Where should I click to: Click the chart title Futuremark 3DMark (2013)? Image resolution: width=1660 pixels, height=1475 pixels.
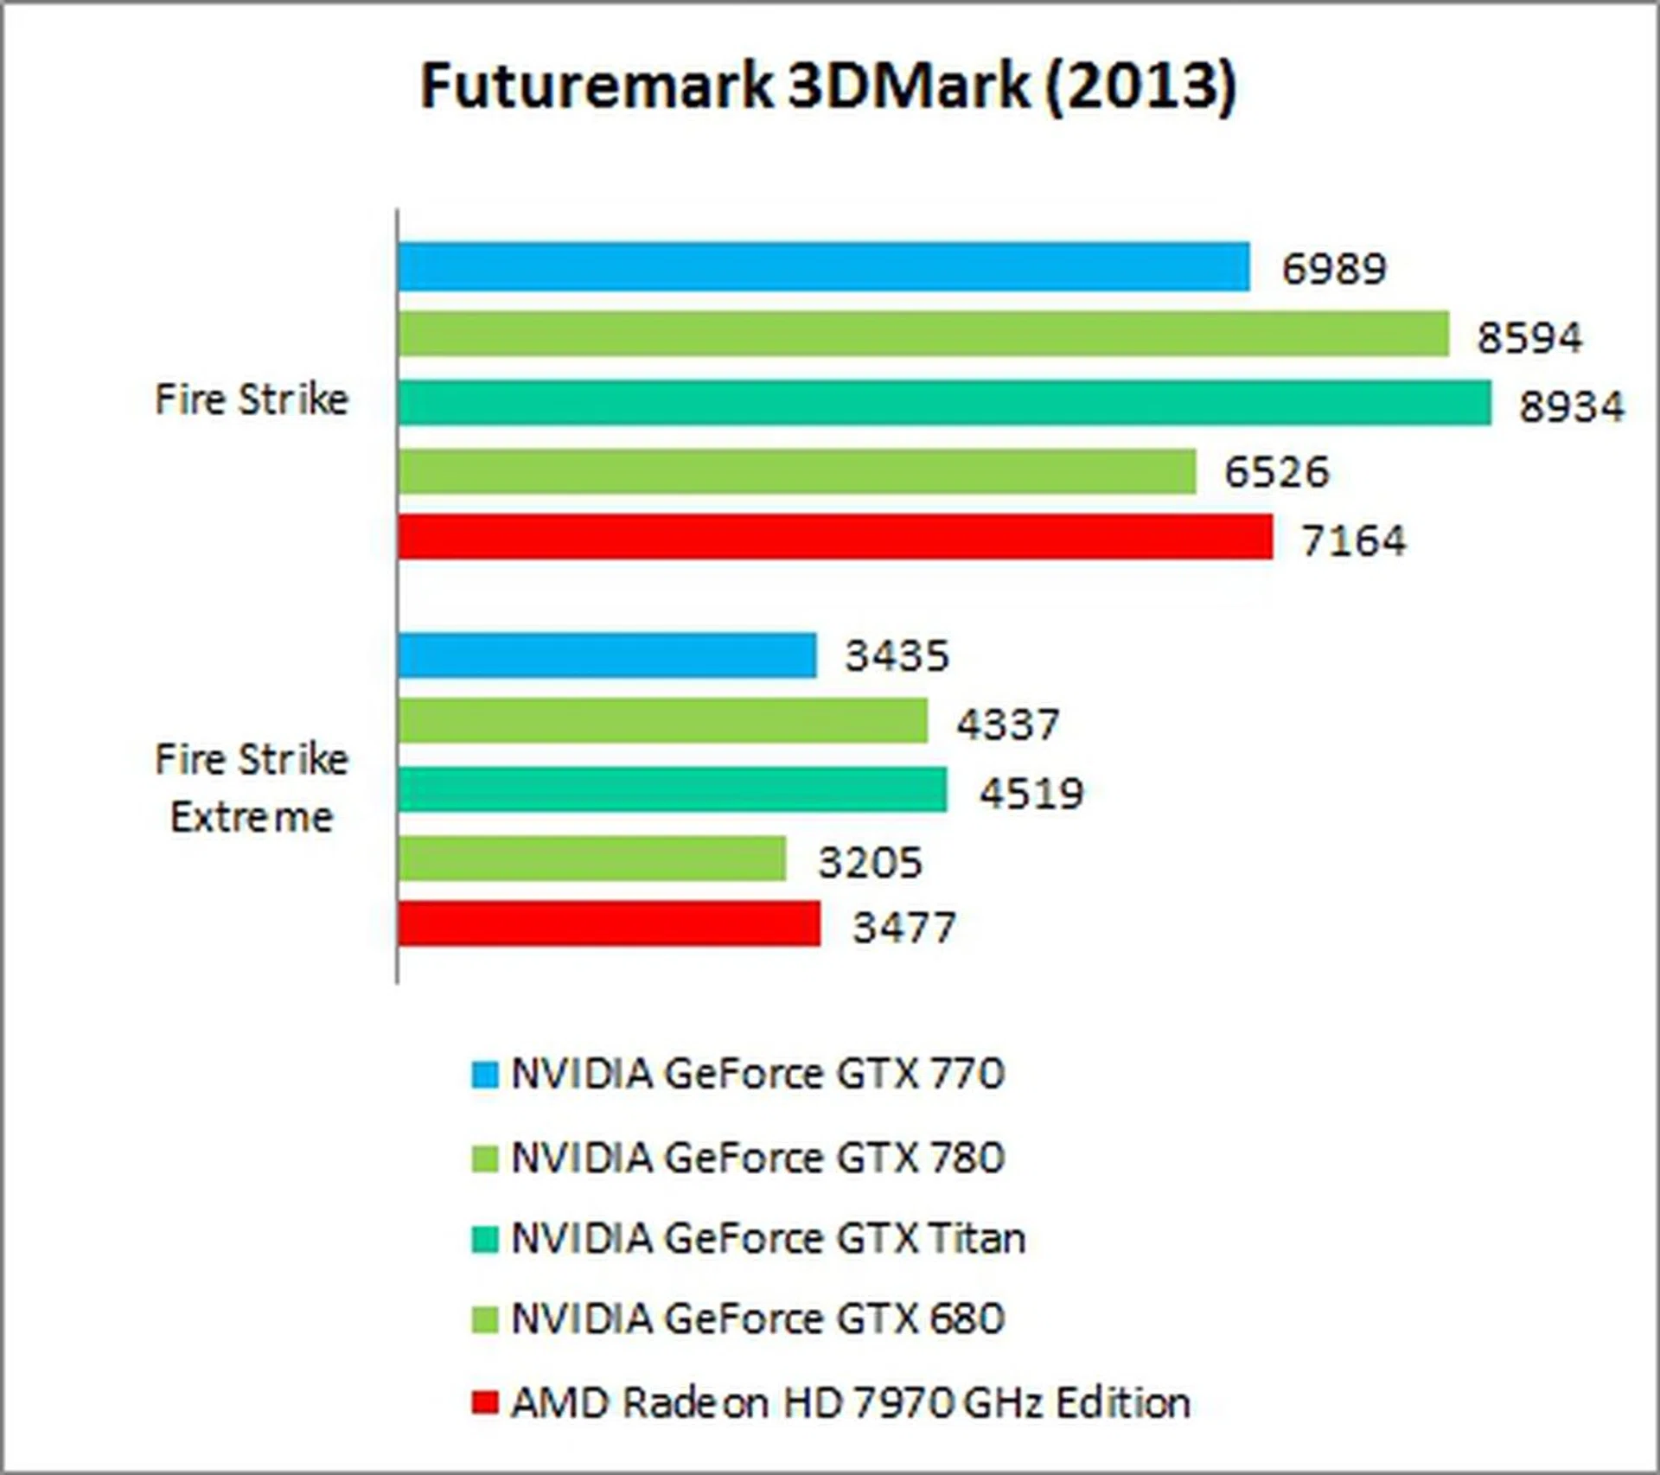[828, 86]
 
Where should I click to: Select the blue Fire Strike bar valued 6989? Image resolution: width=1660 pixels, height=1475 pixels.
[824, 267]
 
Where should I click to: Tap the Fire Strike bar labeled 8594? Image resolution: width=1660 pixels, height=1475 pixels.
[923, 334]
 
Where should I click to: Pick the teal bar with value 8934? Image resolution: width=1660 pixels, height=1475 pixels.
[945, 403]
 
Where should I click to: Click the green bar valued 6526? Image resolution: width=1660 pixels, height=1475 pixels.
[797, 471]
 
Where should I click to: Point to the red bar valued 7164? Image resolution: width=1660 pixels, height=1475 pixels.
[835, 537]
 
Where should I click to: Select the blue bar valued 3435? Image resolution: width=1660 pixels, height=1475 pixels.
[607, 655]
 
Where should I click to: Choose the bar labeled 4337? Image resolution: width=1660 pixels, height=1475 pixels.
[663, 721]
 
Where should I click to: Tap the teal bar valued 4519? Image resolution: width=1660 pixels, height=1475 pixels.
[673, 790]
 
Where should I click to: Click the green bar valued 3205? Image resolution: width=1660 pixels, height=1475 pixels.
[592, 859]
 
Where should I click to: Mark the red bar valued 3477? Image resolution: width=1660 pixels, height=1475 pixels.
[609, 924]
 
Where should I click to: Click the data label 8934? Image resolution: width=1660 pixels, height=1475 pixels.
[1572, 406]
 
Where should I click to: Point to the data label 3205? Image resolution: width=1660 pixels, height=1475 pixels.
[870, 862]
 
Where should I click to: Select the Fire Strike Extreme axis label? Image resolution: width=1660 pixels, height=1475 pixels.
[252, 788]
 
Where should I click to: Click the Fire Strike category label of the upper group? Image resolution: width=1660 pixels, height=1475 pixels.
[252, 399]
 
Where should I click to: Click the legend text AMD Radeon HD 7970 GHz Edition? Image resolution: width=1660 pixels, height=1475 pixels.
[850, 1402]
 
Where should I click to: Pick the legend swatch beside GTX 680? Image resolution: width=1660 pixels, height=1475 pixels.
[485, 1320]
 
